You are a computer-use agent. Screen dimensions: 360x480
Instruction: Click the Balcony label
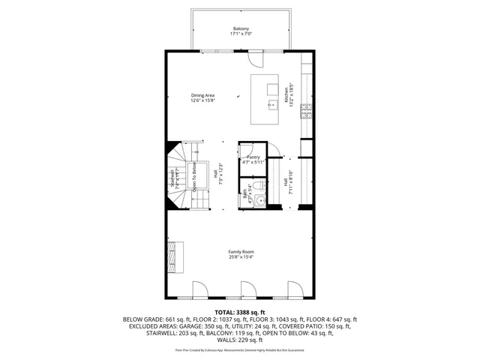240,28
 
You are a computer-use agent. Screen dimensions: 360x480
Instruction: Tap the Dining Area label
202,95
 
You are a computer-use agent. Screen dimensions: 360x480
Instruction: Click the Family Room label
241,252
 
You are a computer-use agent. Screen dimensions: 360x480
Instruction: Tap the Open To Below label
194,178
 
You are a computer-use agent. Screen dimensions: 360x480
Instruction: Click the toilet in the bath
257,185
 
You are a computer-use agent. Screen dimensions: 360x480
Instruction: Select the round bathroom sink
258,200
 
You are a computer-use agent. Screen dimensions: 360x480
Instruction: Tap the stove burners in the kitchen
306,112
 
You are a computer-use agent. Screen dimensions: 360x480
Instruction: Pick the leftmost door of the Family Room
199,289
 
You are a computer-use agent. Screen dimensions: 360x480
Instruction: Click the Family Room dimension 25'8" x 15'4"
241,258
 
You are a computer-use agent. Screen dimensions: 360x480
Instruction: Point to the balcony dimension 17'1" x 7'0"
240,34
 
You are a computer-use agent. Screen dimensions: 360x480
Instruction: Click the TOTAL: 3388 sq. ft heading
240,312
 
